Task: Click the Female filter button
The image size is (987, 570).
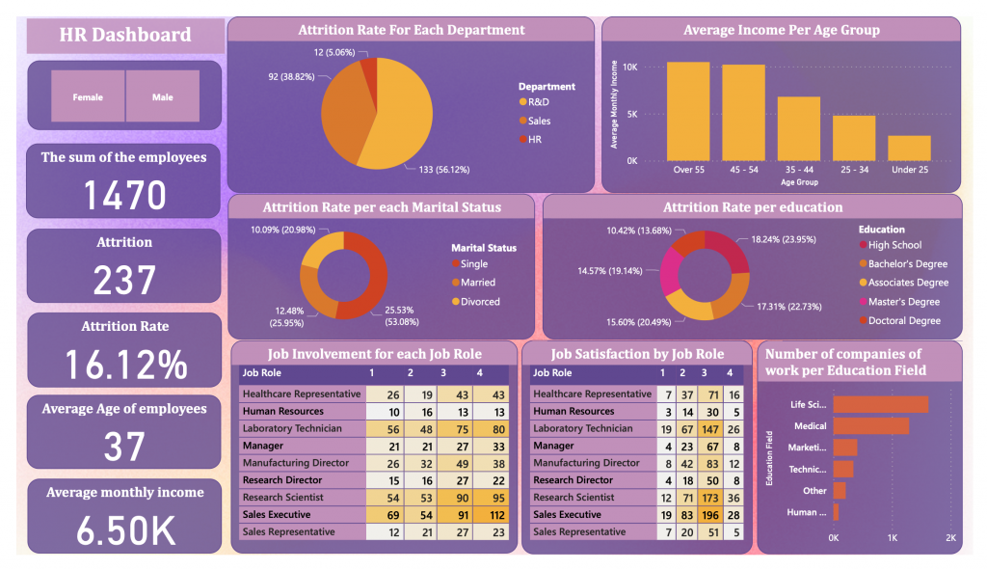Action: [x=88, y=96]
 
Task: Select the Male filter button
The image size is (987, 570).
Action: [x=162, y=96]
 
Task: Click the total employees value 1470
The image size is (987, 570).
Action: [x=124, y=196]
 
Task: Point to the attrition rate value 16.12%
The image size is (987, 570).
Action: [x=124, y=365]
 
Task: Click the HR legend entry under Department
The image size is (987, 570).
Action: [x=534, y=140]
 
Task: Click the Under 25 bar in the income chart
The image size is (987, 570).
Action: [x=909, y=148]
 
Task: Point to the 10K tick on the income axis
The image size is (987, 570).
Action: [x=629, y=68]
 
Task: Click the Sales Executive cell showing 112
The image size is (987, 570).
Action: [x=497, y=514]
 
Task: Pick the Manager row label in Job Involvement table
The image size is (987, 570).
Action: [x=262, y=446]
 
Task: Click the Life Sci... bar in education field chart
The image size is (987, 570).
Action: [x=880, y=404]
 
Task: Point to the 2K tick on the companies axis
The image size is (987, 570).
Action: [x=950, y=537]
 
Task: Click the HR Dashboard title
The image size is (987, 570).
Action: [x=124, y=36]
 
